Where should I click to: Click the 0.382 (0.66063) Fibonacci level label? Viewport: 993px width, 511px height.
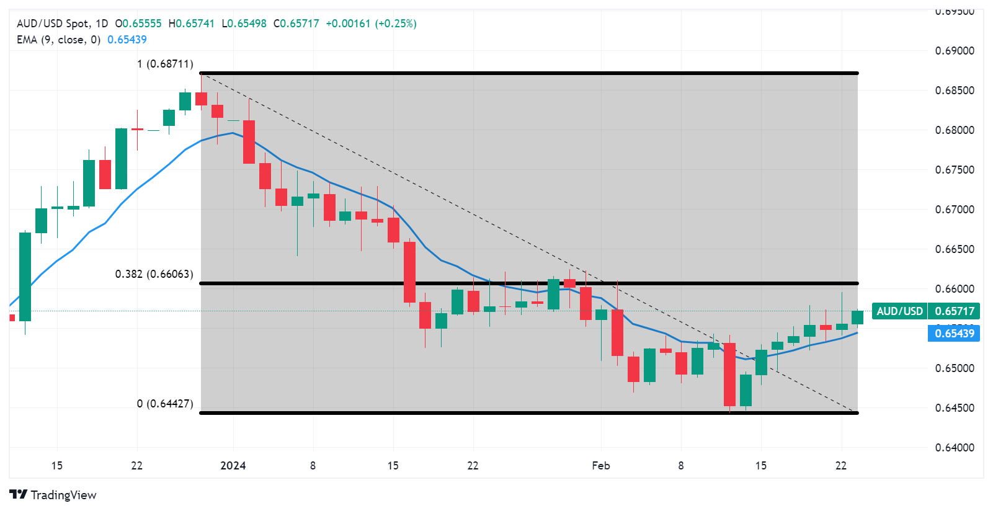[x=154, y=274]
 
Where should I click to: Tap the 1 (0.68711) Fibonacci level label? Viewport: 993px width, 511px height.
[x=165, y=64]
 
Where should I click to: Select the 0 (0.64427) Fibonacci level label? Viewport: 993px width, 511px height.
[x=165, y=404]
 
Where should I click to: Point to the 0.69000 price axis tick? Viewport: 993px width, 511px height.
[x=955, y=51]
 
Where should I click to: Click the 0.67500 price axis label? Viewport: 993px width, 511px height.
[x=955, y=170]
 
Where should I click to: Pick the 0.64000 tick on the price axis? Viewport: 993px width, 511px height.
[x=955, y=448]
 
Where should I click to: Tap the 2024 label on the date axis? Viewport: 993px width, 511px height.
[x=233, y=466]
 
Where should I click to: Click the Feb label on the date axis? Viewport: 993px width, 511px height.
[x=600, y=466]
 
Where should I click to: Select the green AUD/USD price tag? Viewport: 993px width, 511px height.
[x=925, y=311]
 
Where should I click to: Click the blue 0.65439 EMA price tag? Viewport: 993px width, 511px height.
[x=954, y=334]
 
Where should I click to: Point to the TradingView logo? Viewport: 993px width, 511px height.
[x=53, y=495]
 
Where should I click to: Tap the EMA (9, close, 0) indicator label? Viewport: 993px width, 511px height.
[x=58, y=40]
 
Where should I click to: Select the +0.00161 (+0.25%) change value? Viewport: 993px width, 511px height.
[x=371, y=24]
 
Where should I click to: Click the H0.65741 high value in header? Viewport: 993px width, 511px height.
[x=191, y=24]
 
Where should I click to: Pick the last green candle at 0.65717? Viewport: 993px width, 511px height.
[x=857, y=318]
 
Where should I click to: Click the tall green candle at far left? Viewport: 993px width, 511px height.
[x=25, y=277]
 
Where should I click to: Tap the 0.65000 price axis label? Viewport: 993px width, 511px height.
[x=955, y=368]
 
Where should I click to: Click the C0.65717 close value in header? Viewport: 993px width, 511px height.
[x=296, y=24]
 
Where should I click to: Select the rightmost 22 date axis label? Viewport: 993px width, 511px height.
[x=840, y=466]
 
